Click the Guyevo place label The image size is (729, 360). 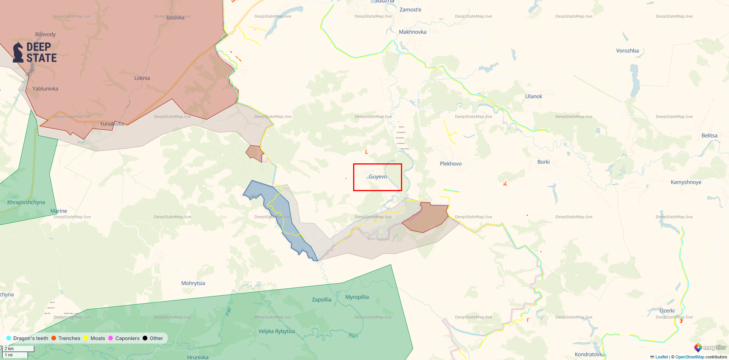[x=377, y=177]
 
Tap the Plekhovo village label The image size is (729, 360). [x=450, y=164]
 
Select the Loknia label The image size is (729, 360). [x=142, y=78]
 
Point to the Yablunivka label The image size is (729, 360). [x=45, y=89]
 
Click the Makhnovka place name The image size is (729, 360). [x=412, y=32]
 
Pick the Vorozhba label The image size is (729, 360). [x=627, y=51]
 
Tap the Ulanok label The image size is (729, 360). [x=533, y=96]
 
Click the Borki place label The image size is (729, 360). [x=543, y=162]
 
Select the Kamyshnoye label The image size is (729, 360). [x=685, y=182]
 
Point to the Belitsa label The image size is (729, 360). [x=709, y=136]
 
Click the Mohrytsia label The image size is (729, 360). [x=193, y=283]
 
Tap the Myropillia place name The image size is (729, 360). [x=357, y=297]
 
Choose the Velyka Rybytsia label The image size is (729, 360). [x=276, y=331]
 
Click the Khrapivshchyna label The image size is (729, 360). [x=26, y=202]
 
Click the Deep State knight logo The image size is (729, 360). [x=18, y=52]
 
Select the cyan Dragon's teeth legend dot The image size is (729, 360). [x=9, y=338]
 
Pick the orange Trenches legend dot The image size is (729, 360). [x=54, y=338]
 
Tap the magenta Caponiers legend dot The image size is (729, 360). [x=111, y=338]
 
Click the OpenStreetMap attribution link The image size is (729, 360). [x=689, y=357]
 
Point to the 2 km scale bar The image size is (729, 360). [x=18, y=349]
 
